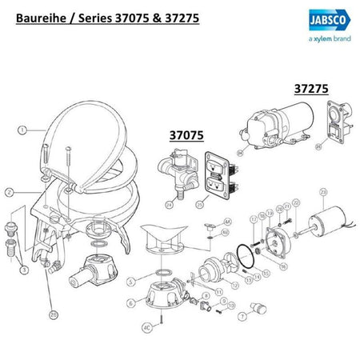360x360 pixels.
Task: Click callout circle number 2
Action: pos(9,192)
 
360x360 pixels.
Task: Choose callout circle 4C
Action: pos(147,326)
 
